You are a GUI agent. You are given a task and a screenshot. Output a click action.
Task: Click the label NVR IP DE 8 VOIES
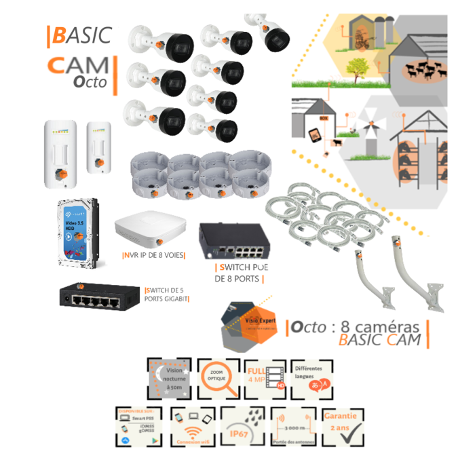click(x=154, y=256)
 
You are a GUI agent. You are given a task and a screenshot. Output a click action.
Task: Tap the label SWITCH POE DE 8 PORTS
click(x=239, y=273)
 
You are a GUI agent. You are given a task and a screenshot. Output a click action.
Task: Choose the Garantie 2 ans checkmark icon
click(x=343, y=427)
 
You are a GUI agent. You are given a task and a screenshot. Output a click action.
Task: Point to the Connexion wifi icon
click(x=193, y=427)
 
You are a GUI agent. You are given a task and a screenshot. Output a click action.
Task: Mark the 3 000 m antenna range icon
click(x=293, y=427)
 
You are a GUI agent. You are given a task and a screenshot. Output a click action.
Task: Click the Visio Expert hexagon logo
click(x=250, y=323)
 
